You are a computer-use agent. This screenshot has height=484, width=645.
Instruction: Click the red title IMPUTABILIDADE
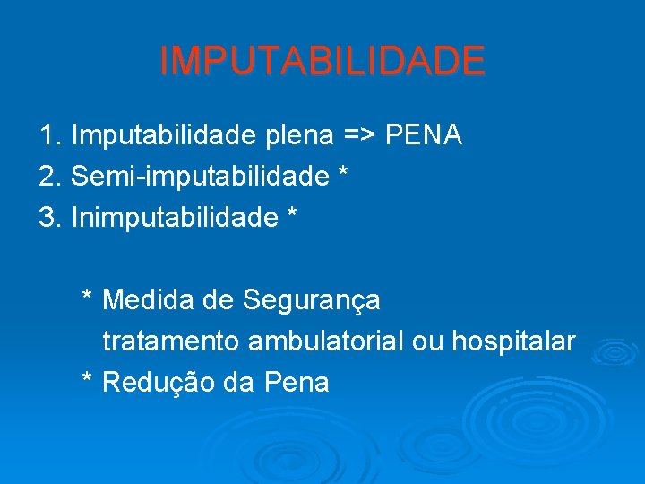tap(322, 61)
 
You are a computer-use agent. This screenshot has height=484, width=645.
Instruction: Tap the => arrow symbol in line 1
tap(359, 135)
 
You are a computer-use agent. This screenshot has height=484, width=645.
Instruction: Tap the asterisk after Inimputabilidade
tap(289, 214)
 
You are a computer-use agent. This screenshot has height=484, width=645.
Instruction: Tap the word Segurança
tap(311, 301)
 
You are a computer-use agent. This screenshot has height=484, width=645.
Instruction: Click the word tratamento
tap(171, 341)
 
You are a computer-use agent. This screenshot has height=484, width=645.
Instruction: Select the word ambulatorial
tap(326, 341)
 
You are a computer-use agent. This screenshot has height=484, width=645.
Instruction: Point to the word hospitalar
tap(513, 341)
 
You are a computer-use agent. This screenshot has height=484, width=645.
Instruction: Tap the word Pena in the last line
tap(297, 383)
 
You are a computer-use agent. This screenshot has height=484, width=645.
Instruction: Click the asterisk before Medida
tap(88, 297)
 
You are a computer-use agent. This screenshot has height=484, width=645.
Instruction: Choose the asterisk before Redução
tap(88, 379)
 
